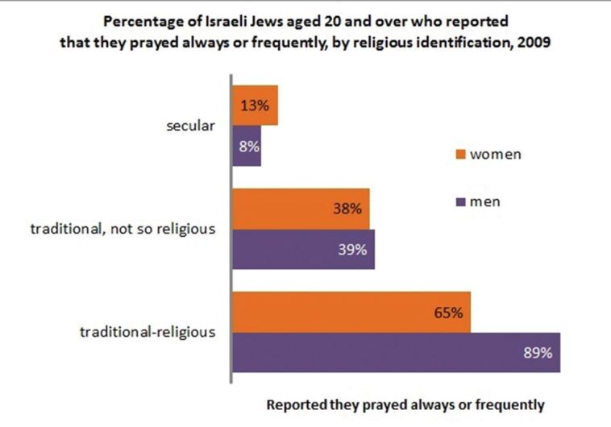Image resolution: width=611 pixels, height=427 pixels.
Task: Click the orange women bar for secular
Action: [255, 106]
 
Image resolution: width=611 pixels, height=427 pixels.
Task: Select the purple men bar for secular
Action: [247, 147]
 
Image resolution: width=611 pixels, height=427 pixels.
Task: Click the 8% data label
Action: [247, 147]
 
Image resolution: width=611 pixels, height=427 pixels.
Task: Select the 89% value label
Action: [537, 353]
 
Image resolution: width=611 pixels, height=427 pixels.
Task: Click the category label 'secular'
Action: [192, 126]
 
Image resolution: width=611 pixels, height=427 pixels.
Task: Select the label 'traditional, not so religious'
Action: [123, 229]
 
